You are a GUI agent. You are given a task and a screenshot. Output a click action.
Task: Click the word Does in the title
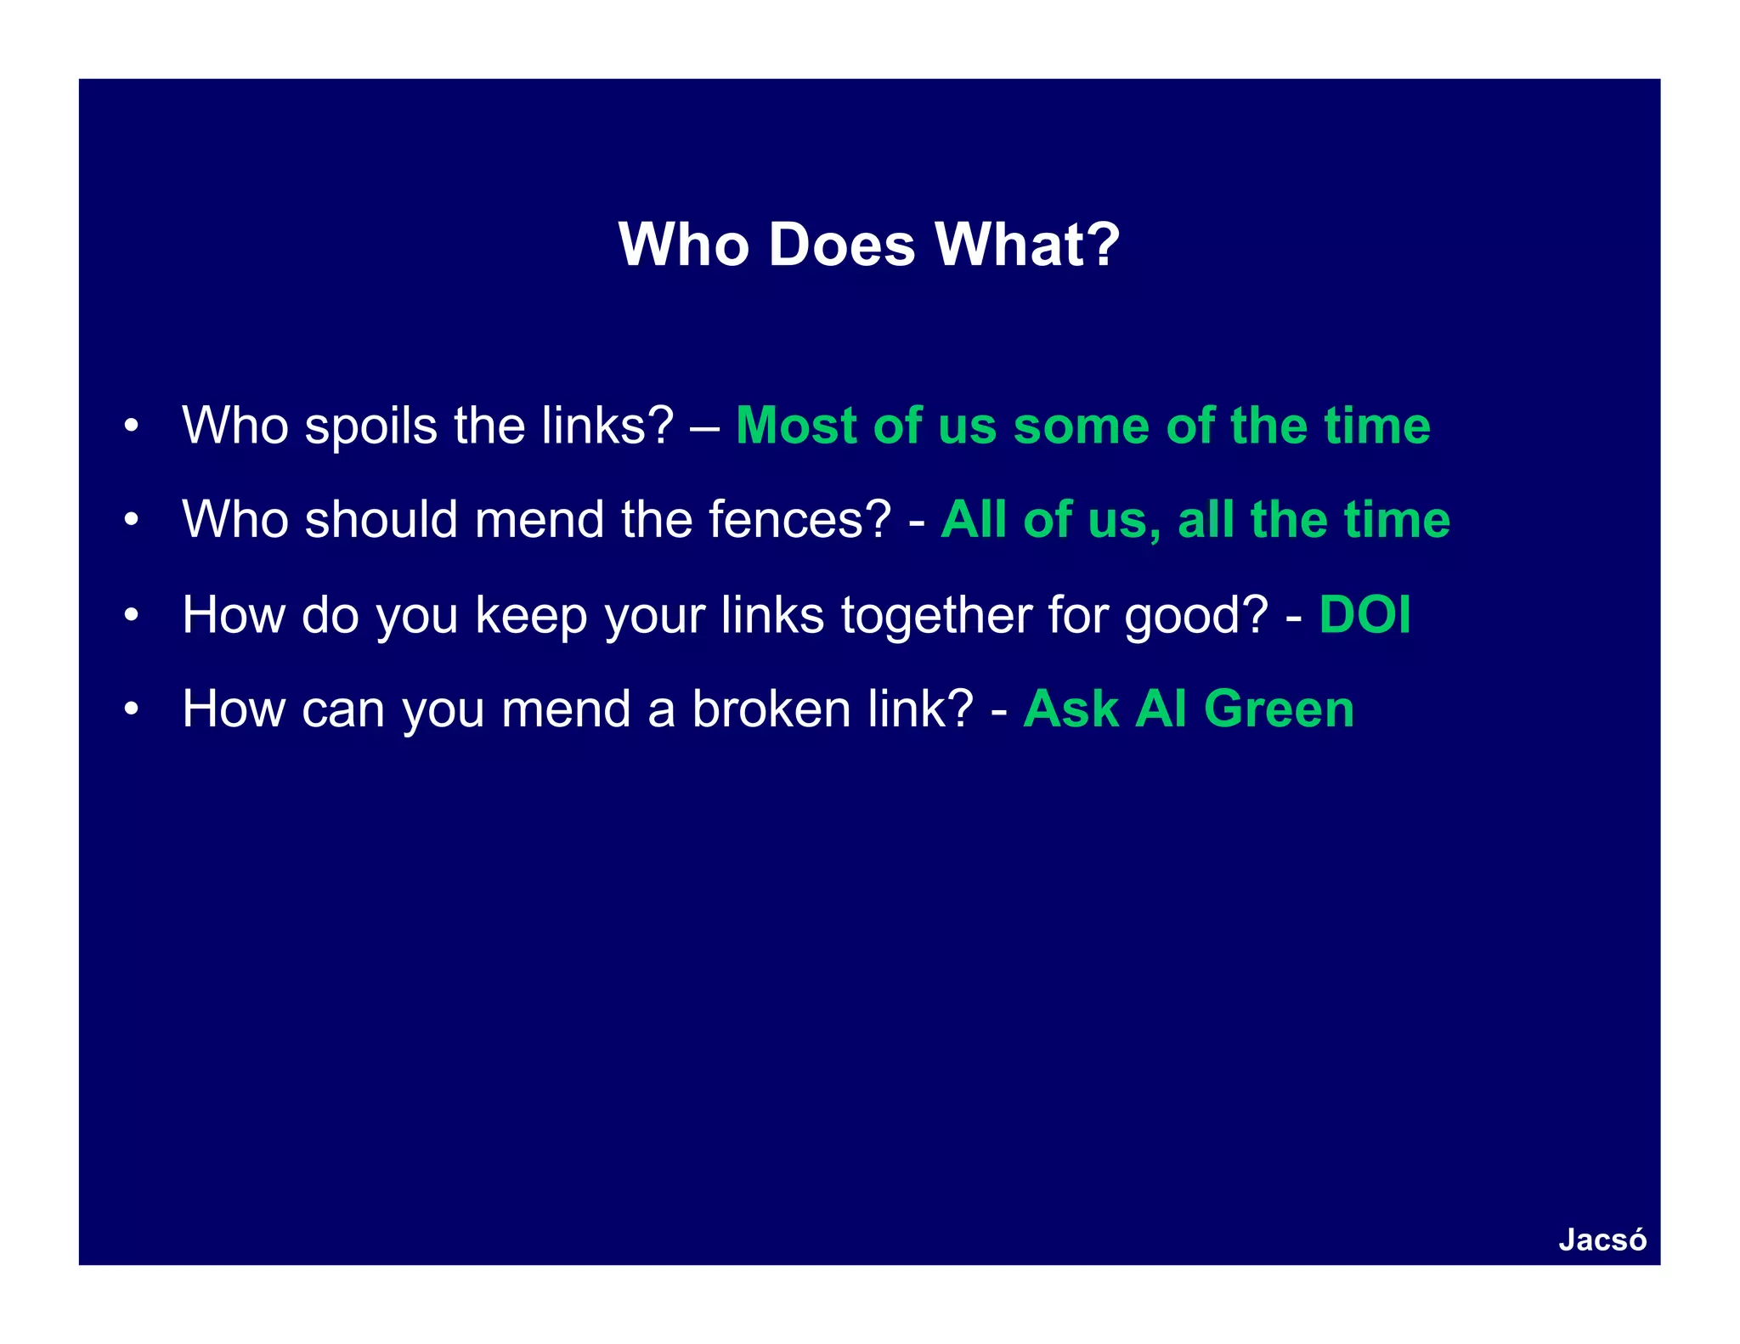tap(841, 245)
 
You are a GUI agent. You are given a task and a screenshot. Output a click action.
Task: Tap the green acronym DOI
tap(1364, 614)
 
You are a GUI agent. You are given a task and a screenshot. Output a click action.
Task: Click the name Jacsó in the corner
tap(1602, 1240)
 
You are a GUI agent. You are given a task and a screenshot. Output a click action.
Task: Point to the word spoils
tap(370, 426)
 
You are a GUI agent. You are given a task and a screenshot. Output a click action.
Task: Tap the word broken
tap(771, 709)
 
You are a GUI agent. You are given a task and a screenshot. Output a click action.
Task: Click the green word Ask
tap(1070, 709)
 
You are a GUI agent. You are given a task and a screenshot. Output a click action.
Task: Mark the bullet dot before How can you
tap(130, 709)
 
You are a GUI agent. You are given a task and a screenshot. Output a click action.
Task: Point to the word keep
tap(531, 616)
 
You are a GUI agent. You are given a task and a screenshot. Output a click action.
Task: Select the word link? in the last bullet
tap(920, 709)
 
